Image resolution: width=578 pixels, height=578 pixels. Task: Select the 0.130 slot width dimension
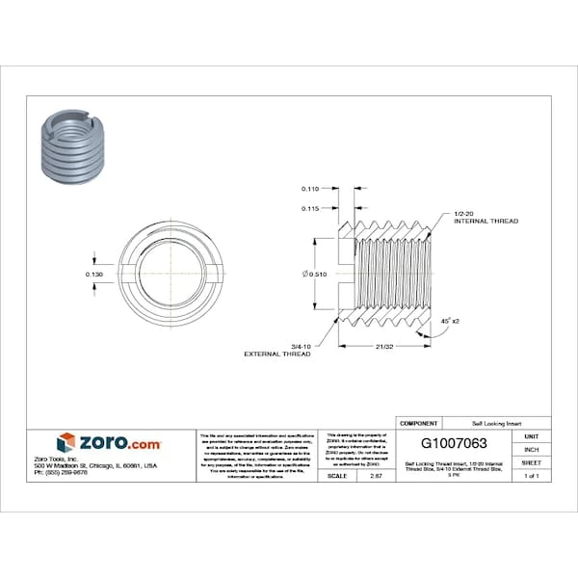(x=93, y=274)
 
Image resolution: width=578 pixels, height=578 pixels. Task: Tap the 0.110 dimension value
(x=310, y=188)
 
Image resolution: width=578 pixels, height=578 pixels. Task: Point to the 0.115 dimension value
(x=310, y=208)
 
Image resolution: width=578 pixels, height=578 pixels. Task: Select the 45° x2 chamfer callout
(x=449, y=319)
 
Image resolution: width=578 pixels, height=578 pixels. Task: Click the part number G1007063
(x=455, y=443)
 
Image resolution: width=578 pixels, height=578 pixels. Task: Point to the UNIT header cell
(x=531, y=436)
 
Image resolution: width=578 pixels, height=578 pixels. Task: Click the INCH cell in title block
(x=531, y=450)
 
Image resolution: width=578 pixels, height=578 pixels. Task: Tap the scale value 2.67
(x=362, y=476)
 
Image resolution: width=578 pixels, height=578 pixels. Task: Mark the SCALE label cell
(x=337, y=476)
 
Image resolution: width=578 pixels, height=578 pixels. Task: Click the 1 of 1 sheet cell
(x=531, y=476)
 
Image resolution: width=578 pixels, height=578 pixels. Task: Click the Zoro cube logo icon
(x=66, y=442)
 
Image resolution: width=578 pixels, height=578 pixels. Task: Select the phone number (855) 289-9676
(x=60, y=473)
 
